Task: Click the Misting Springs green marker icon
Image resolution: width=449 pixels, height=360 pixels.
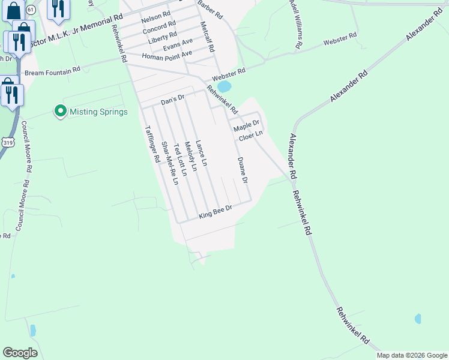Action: pyautogui.click(x=60, y=112)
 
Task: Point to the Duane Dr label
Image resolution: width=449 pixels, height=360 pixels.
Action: pyautogui.click(x=243, y=170)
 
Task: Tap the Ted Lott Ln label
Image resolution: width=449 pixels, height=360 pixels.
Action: pyautogui.click(x=179, y=159)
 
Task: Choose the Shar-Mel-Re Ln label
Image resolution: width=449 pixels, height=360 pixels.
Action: pyautogui.click(x=170, y=163)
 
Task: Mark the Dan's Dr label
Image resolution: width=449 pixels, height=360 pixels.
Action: pyautogui.click(x=172, y=101)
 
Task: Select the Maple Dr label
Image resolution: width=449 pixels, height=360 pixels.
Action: pyautogui.click(x=246, y=127)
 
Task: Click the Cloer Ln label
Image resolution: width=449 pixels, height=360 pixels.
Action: pyautogui.click(x=251, y=137)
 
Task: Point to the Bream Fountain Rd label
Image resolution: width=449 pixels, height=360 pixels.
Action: pyautogui.click(x=52, y=72)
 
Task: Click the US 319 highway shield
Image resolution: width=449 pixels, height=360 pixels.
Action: pyautogui.click(x=8, y=142)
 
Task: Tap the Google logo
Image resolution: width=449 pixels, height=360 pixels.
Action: pyautogui.click(x=20, y=353)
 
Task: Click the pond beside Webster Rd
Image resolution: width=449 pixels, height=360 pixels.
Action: pyautogui.click(x=223, y=87)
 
